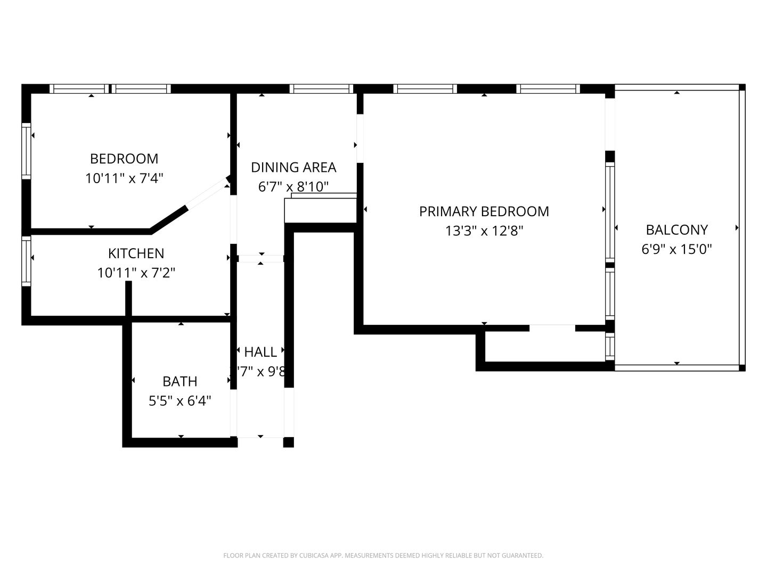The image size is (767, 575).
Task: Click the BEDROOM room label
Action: [124, 159]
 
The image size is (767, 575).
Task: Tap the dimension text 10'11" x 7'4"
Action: [124, 178]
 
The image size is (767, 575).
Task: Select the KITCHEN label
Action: [136, 253]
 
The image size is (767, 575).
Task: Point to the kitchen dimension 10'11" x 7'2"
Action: [136, 273]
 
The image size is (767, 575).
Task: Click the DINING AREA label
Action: [293, 167]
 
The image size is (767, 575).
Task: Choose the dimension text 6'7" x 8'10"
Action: [293, 187]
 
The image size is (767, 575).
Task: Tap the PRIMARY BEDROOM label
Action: [484, 211]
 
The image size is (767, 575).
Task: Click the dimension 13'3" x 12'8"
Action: [484, 231]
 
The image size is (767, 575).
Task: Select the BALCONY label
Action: [676, 230]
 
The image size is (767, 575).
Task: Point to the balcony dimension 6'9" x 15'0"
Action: [676, 249]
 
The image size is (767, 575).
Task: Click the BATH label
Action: [180, 381]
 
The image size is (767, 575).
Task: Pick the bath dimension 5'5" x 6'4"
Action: [180, 401]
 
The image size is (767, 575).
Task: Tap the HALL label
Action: [260, 352]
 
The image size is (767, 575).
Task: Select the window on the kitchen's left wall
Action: [26, 260]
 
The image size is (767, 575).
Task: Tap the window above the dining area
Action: [321, 89]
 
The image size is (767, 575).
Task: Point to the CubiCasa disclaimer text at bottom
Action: [383, 555]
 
